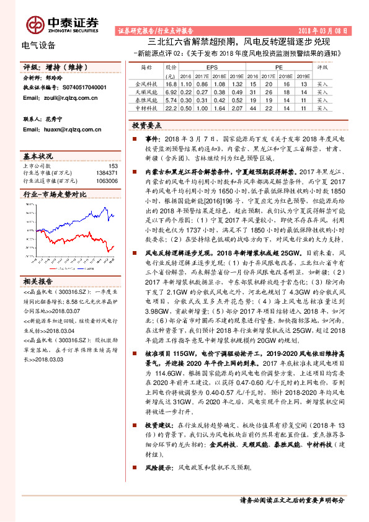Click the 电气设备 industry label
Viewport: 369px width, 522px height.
pyautogui.click(x=38, y=45)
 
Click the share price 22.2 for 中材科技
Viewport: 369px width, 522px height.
pyautogui.click(x=171, y=108)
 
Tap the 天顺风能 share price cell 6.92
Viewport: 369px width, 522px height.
pyautogui.click(x=172, y=91)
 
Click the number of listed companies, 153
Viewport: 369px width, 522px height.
pyautogui.click(x=113, y=166)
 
